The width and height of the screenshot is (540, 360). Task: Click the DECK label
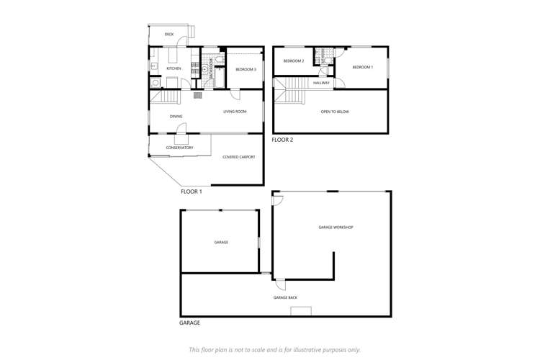point(168,34)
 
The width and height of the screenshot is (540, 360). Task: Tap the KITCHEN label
point(174,68)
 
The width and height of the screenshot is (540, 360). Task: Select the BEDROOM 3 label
point(246,69)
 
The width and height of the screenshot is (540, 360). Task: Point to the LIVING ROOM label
point(235,112)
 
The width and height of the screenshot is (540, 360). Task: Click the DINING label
point(176,116)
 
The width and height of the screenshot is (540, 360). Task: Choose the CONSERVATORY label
point(179,148)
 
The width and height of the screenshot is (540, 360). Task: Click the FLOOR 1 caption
point(191,192)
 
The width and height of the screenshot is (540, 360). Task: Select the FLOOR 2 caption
point(283,140)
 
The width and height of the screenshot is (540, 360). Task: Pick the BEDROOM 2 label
point(293,61)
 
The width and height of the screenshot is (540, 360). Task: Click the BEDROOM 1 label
point(363,67)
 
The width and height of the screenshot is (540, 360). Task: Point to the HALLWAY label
point(321,83)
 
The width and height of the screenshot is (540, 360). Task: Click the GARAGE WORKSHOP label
point(336,227)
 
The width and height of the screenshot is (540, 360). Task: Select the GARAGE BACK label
point(285,297)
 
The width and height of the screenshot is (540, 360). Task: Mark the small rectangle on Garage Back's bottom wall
point(301,311)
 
